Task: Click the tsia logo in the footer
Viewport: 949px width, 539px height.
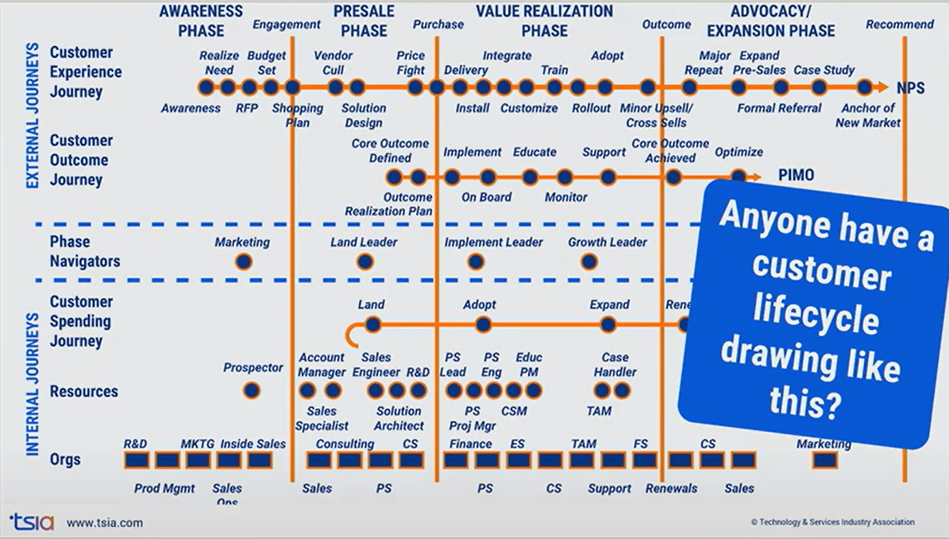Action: tap(32, 522)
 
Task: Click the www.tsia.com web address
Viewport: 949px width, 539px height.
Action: tap(105, 523)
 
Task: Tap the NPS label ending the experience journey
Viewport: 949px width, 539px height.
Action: tap(910, 87)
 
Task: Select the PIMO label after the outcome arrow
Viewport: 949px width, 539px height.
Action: tap(796, 176)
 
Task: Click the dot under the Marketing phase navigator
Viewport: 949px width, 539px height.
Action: tap(243, 262)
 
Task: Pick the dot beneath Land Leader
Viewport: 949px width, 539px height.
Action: tap(365, 262)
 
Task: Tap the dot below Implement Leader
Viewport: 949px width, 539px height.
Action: tap(475, 262)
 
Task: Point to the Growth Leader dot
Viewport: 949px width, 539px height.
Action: tap(589, 262)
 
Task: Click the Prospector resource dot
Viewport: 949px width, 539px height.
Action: tap(252, 390)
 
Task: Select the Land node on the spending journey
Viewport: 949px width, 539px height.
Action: tap(372, 324)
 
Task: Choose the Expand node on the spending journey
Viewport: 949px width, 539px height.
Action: tap(608, 324)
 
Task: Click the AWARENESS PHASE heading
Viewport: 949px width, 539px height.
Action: tap(202, 21)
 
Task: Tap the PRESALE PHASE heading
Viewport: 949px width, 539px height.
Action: tap(364, 21)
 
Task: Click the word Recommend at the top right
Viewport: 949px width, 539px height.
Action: tap(900, 24)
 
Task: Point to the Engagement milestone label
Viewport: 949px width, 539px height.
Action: tap(287, 24)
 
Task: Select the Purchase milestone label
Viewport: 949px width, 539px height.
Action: tap(438, 24)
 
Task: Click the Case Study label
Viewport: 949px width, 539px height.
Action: tap(824, 70)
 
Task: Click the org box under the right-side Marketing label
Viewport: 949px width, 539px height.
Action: tap(825, 460)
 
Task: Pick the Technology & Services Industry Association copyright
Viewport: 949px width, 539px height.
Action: tap(832, 522)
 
